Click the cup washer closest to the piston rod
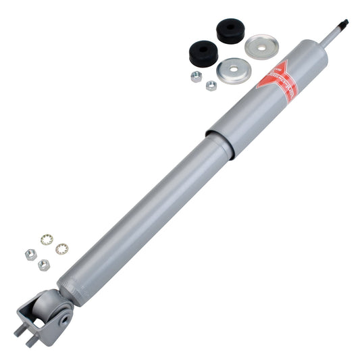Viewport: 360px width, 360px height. (259, 47)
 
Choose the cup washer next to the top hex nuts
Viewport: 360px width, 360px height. (232, 70)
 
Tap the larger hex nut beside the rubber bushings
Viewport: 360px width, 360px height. (197, 76)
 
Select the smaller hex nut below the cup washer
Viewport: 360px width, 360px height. (211, 86)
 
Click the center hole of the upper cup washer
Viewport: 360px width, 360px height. (259, 47)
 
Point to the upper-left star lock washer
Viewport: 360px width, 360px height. (46, 239)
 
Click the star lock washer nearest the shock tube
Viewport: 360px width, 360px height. (60, 249)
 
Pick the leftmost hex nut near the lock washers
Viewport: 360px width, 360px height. (30, 254)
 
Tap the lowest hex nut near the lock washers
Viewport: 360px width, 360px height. (43, 264)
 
